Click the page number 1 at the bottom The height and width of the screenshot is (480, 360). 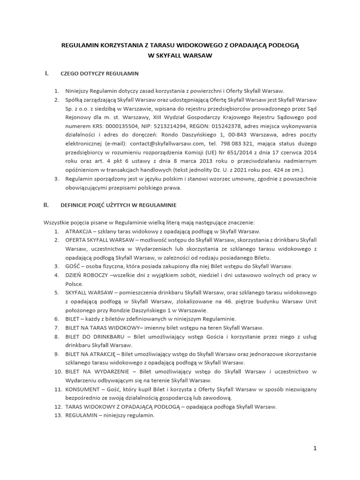pyautogui.click(x=315, y=449)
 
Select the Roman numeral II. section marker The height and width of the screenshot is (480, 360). pyautogui.click(x=46, y=205)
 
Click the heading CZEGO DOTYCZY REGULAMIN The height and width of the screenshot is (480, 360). pyautogui.click(x=99, y=74)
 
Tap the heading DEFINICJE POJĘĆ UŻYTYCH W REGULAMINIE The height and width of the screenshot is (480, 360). pyautogui.click(x=119, y=205)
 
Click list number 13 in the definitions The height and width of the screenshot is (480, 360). pyautogui.click(x=56, y=415)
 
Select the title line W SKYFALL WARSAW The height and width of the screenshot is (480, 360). pyautogui.click(x=180, y=55)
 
